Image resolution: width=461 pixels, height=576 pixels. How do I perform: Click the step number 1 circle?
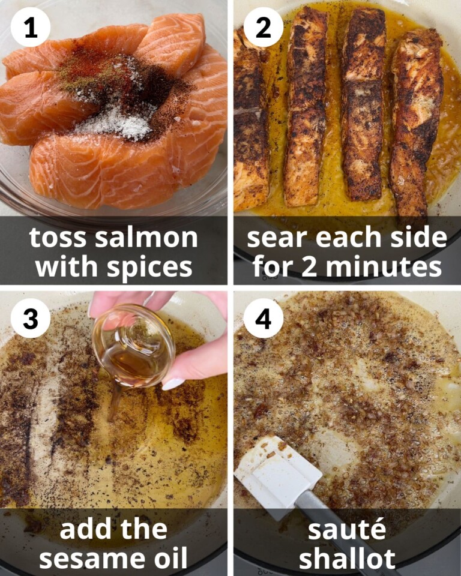(x=30, y=27)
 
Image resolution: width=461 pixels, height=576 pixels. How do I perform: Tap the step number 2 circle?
(x=263, y=27)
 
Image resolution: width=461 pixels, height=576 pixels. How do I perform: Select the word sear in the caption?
(x=276, y=238)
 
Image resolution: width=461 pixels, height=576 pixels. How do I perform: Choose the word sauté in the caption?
(x=347, y=530)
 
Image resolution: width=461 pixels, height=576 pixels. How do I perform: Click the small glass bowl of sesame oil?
(x=133, y=347)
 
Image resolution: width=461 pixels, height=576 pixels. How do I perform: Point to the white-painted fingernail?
(x=172, y=383)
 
